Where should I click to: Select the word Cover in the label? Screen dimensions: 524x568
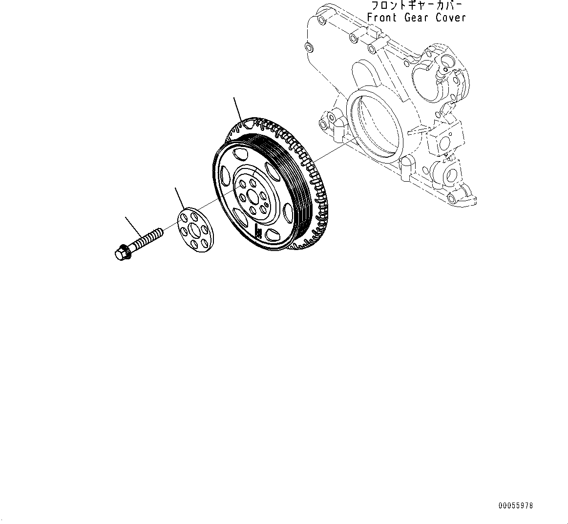451,18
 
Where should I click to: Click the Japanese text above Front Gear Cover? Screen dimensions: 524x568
416,6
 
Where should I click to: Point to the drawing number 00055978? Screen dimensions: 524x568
516,506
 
